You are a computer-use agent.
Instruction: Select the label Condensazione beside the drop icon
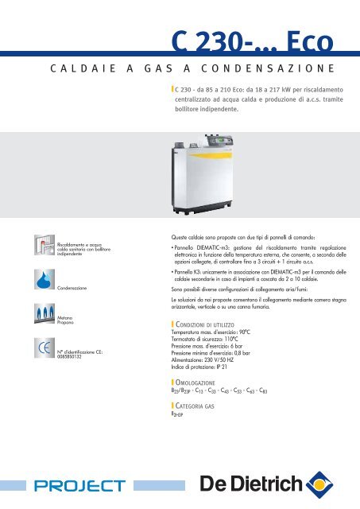click(77, 286)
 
